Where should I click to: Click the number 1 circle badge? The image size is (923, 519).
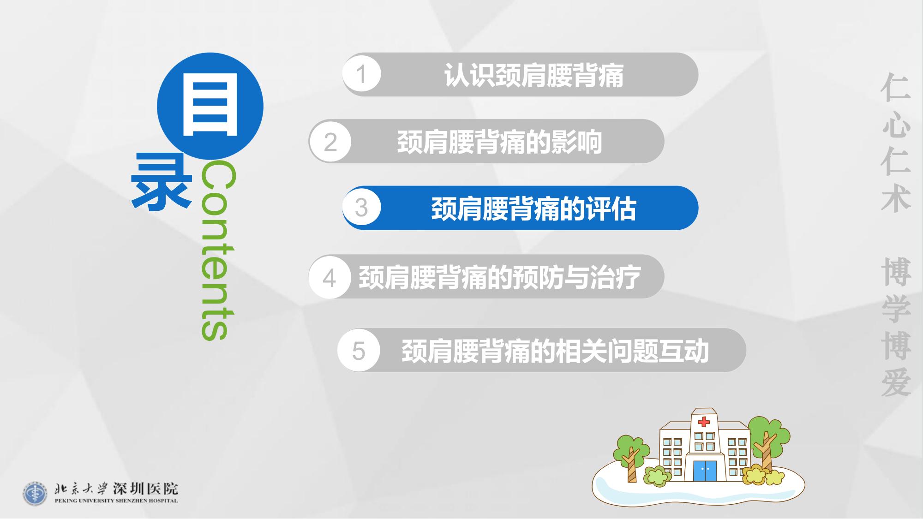[x=362, y=74]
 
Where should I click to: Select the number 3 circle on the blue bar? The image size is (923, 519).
[x=362, y=207]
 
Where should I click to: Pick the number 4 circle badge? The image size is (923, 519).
[x=330, y=277]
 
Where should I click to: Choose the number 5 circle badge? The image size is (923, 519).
[x=359, y=350]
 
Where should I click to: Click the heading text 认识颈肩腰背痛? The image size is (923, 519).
[x=534, y=75]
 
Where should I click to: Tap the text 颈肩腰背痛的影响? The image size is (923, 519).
[x=499, y=142]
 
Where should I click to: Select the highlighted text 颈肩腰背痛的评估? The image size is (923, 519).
[x=534, y=209]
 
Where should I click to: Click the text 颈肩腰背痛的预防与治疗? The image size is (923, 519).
[x=500, y=277]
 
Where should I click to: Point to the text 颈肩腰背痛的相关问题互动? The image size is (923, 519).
[x=555, y=351]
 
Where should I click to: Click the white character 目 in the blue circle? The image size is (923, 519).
[x=210, y=106]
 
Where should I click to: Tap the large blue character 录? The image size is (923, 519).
[x=162, y=182]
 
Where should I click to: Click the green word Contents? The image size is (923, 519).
[x=218, y=251]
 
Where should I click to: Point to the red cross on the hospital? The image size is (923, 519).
[x=704, y=422]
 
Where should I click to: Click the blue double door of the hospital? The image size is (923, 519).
[x=705, y=470]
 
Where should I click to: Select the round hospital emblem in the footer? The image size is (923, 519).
[x=35, y=494]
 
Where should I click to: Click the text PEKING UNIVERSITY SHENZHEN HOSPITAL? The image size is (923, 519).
[x=116, y=501]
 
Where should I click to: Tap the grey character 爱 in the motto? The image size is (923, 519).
[x=896, y=382]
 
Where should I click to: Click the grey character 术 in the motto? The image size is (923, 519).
[x=896, y=198]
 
